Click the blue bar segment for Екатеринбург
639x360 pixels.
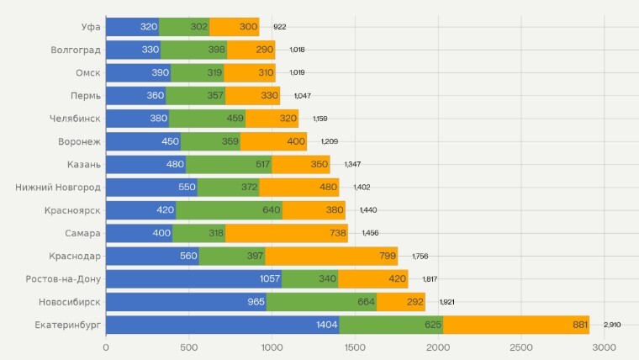pyautogui.click(x=222, y=325)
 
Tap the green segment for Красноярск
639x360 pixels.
pyautogui.click(x=229, y=210)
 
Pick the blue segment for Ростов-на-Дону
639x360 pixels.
pyautogui.click(x=193, y=279)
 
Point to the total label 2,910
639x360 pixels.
pyautogui.click(x=612, y=325)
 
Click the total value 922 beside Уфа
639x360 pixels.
pyautogui.click(x=280, y=27)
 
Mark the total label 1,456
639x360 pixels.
pyautogui.click(x=371, y=233)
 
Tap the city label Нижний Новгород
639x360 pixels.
pyautogui.click(x=58, y=188)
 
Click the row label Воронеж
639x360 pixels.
pyautogui.click(x=80, y=141)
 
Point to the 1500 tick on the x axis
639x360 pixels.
pyautogui.click(x=355, y=347)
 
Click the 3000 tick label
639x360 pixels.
pyautogui.click(x=604, y=347)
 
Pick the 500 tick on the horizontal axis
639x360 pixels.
pyautogui.click(x=189, y=347)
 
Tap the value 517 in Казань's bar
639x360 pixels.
pyautogui.click(x=263, y=165)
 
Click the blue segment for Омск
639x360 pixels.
pyautogui.click(x=138, y=73)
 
